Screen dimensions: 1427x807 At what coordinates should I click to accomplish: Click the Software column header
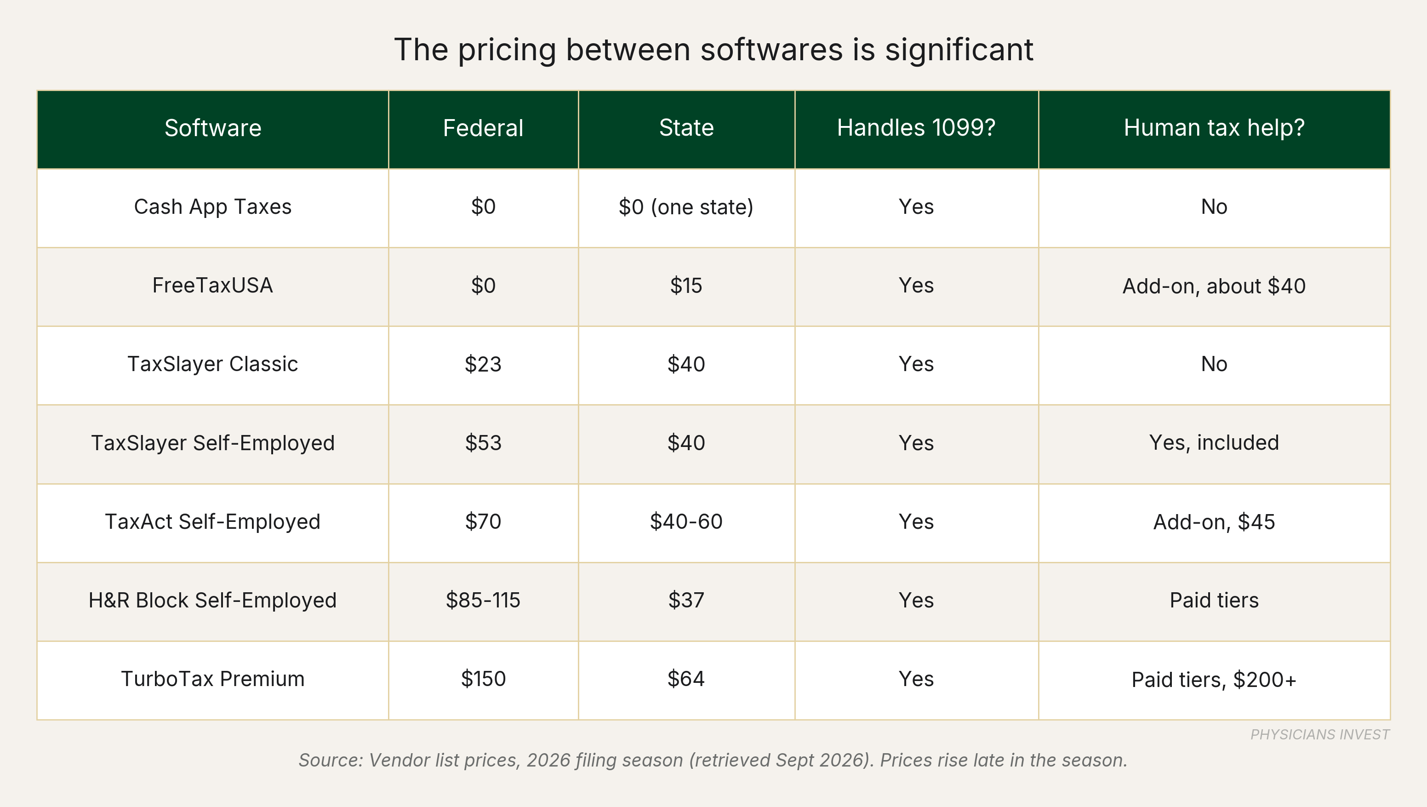213,128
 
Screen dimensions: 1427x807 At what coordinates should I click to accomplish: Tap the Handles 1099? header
916,128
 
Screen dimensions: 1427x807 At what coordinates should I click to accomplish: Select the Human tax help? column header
1214,128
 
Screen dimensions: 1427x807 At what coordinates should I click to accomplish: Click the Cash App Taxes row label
213,207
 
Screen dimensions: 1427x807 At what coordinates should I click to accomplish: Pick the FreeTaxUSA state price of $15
686,286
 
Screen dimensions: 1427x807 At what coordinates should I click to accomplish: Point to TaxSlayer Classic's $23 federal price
483,364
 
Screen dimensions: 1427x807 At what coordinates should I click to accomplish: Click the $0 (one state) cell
686,207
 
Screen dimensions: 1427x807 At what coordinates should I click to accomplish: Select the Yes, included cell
1214,443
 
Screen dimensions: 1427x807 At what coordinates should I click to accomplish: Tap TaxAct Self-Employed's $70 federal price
483,521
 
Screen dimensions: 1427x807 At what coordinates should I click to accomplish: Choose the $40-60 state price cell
686,521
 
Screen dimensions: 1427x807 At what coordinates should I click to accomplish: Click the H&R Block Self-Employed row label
213,600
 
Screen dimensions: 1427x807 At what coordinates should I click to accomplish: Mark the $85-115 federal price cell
483,600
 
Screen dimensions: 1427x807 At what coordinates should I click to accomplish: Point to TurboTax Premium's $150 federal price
483,679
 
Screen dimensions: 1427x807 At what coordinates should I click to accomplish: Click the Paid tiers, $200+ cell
1214,680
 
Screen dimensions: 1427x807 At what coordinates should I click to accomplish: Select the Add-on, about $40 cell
1214,286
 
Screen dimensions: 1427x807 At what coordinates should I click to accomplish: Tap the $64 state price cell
686,679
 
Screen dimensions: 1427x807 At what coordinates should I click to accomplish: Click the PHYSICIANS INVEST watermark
1320,734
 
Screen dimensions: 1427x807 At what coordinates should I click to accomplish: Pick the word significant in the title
959,50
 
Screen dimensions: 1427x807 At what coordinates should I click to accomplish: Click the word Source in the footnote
331,760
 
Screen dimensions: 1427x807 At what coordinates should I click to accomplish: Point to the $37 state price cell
686,600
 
